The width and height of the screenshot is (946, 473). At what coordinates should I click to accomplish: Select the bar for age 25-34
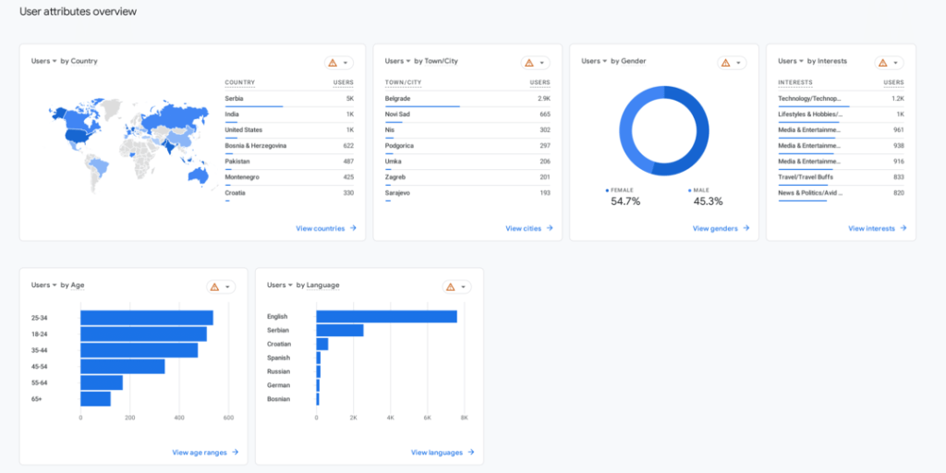(146, 318)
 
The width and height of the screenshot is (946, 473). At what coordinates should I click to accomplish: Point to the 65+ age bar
(95, 399)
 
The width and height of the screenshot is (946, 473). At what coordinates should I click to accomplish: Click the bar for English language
(386, 317)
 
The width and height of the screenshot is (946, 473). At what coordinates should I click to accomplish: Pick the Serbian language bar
(339, 331)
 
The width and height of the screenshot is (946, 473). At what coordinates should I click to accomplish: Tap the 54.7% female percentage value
(625, 201)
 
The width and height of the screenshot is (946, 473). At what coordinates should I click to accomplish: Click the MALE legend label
(701, 189)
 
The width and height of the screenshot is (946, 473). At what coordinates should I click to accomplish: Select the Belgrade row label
(398, 98)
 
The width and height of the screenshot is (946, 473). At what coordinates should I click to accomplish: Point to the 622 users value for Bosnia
(347, 146)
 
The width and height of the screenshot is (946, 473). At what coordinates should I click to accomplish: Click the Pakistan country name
(237, 162)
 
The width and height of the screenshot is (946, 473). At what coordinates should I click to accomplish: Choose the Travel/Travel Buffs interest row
(806, 177)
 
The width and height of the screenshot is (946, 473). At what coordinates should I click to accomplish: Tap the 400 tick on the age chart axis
(178, 418)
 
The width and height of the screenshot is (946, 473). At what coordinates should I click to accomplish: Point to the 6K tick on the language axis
(428, 418)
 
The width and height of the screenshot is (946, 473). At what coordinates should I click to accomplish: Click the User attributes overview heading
(78, 12)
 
